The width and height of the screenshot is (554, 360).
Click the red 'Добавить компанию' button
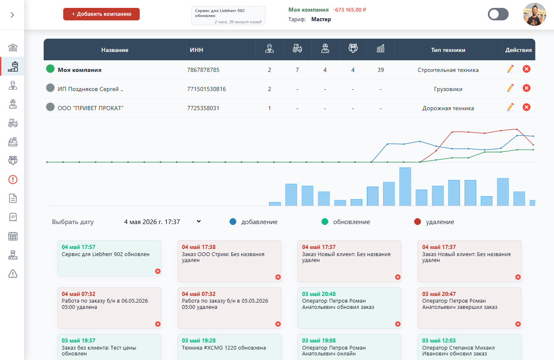(x=101, y=14)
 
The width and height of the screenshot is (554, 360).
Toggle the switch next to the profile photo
(x=498, y=14)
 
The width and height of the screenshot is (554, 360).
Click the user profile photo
(x=534, y=14)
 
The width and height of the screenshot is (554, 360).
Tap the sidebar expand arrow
(x=12, y=15)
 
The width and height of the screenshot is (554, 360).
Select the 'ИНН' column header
(x=196, y=50)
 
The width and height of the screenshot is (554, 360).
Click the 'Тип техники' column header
(x=448, y=50)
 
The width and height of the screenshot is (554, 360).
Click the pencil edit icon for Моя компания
(x=510, y=69)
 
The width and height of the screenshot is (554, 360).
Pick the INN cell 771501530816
(x=207, y=89)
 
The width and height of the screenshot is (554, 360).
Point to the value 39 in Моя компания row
(x=381, y=70)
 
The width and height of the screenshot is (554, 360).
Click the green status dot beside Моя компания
(x=50, y=69)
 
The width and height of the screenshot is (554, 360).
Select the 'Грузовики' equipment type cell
(x=448, y=89)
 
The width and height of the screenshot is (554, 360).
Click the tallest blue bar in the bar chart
(x=405, y=187)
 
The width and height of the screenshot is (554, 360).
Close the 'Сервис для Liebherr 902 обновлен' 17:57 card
(x=158, y=271)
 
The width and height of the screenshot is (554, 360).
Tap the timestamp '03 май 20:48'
(x=319, y=294)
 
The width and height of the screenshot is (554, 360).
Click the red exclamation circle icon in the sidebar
(x=13, y=180)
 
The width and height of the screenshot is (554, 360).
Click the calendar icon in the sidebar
(x=13, y=236)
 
